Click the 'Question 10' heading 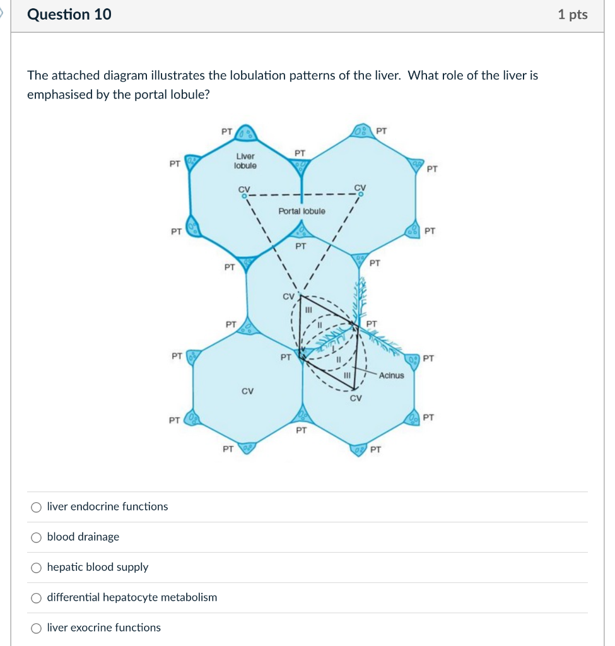(x=69, y=15)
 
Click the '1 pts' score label (x=572, y=15)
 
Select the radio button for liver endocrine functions (x=37, y=507)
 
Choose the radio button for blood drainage (x=37, y=537)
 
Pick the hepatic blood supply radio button (x=37, y=567)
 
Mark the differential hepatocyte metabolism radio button (x=37, y=597)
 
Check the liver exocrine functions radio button (x=37, y=628)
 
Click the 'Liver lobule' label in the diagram (x=245, y=161)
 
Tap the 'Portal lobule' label (x=302, y=211)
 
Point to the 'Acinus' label (x=391, y=375)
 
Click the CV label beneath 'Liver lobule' (x=243, y=188)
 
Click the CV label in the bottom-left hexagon (x=247, y=391)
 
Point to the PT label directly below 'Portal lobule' (x=301, y=245)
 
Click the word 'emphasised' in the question (x=60, y=95)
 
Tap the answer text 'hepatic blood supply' (x=98, y=567)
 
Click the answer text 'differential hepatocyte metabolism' (x=132, y=597)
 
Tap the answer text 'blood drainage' (x=83, y=537)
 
